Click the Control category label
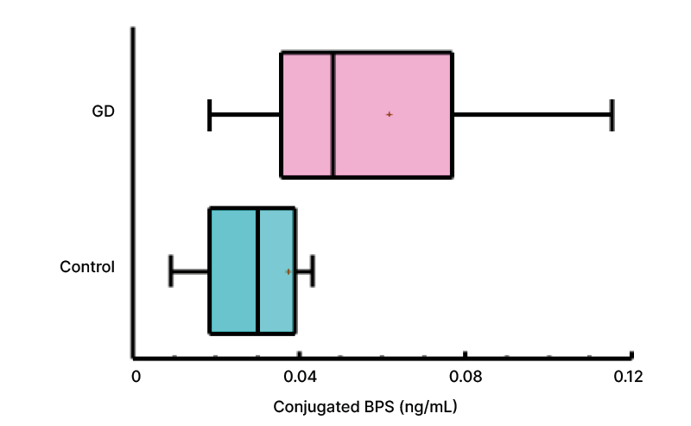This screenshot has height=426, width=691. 87,267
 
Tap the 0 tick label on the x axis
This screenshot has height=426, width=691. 136,377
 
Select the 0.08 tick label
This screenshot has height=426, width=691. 465,377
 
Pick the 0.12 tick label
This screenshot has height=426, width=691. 628,377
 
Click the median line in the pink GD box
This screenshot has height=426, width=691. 333,115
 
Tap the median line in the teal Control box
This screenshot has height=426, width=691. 257,270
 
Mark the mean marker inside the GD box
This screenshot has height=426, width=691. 390,114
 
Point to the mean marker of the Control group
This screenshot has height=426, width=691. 288,271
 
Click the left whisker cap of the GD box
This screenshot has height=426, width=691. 210,115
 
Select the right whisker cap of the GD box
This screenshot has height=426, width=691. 612,115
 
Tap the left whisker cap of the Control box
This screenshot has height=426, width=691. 171,271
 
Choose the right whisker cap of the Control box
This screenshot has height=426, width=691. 312,271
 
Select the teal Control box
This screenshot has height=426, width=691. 233,302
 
